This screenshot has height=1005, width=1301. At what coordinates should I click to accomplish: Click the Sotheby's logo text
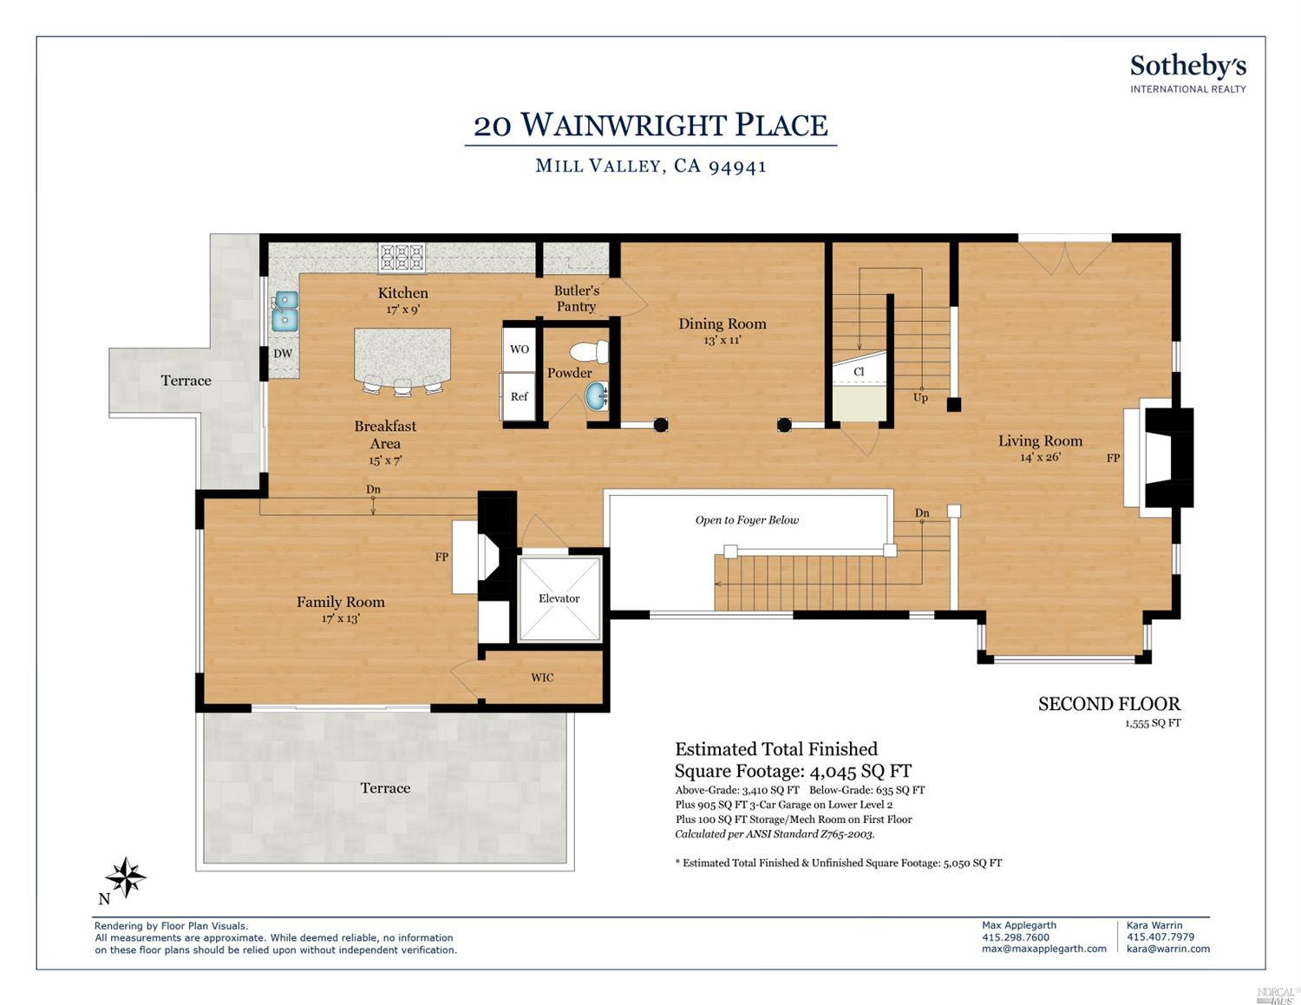pos(1188,68)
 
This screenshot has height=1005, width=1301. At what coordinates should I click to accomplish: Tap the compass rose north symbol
pos(125,878)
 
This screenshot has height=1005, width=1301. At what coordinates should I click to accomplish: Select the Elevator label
pos(559,598)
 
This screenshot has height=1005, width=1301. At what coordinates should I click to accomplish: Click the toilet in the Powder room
pos(589,351)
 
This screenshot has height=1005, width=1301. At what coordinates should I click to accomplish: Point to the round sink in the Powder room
pos(597,395)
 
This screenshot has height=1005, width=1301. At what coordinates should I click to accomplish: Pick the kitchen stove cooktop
pos(402,258)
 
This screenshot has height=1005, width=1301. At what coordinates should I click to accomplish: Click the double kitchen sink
pos(285,311)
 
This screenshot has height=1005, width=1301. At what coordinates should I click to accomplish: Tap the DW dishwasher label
pos(283,354)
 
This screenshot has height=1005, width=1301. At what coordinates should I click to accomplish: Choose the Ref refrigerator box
pos(519,395)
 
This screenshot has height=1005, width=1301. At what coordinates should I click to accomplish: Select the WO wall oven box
pos(519,349)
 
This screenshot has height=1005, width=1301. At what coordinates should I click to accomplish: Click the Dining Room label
pos(722,323)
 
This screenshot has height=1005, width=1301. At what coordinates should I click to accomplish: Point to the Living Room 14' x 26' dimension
pos(1040,457)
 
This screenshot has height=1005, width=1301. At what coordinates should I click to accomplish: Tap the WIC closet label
pos(542,677)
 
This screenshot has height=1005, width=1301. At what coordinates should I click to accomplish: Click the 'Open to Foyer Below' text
pos(747,520)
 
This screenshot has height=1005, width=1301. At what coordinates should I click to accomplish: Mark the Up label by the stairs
pos(920,397)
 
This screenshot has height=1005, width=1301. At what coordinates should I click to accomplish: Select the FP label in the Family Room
pos(441,557)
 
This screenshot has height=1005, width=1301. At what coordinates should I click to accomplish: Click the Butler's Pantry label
pos(576,298)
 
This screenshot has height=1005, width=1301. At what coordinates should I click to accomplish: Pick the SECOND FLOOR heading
pos(1108,704)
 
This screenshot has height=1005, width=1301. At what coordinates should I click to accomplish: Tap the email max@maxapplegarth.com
pos(1043,949)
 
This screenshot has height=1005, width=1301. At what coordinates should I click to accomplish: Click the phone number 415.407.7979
pos(1160,936)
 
